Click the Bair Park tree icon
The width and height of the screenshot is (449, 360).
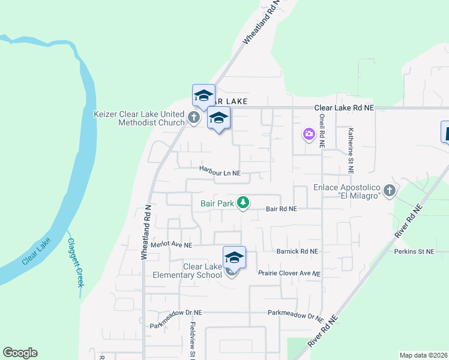pyautogui.click(x=243, y=203)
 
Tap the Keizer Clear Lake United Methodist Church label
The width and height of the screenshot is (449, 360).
pyautogui.click(x=139, y=118)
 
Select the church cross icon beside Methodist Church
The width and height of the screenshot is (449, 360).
pyautogui.click(x=194, y=118)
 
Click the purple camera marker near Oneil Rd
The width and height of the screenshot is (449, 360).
pyautogui.click(x=309, y=134)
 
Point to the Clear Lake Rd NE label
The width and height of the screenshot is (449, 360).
pyautogui.click(x=344, y=107)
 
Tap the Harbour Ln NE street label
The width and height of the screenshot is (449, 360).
pyautogui.click(x=220, y=173)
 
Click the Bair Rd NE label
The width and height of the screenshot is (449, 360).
pyautogui.click(x=281, y=209)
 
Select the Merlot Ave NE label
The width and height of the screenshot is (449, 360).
pyautogui.click(x=172, y=245)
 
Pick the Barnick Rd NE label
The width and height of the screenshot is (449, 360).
pyautogui.click(x=297, y=251)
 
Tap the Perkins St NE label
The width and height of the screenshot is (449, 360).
pyautogui.click(x=414, y=251)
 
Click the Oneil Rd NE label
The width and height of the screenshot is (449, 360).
pyautogui.click(x=322, y=131)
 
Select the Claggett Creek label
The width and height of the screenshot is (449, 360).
pyautogui.click(x=76, y=262)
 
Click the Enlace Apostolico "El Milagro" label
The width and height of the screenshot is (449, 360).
pyautogui.click(x=348, y=191)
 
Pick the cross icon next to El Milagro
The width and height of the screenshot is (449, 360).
pyautogui.click(x=390, y=191)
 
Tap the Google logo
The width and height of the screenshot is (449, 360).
pyautogui.click(x=20, y=353)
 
